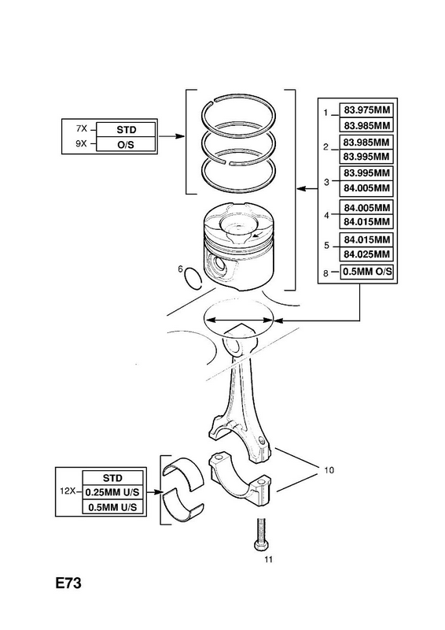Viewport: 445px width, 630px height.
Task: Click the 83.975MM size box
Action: pos(366,110)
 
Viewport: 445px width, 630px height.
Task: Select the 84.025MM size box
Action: pos(366,254)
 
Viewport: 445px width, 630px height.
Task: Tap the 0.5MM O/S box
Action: pos(366,271)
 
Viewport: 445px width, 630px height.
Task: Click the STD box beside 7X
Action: pos(126,130)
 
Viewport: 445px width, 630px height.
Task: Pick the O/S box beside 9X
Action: pos(126,144)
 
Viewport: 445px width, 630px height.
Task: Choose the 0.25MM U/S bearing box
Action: pos(112,492)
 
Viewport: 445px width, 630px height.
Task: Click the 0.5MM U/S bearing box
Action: pos(112,507)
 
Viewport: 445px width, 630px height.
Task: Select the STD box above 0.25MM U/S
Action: pos(112,478)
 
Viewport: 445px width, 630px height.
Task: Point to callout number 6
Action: pos(181,269)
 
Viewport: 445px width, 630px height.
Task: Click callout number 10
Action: pos(329,469)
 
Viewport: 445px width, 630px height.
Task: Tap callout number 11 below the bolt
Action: pos(268,559)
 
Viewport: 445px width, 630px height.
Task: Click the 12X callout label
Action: pos(68,491)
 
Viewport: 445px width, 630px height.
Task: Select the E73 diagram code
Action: pos(68,583)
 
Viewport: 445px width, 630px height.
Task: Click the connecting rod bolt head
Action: pos(261,545)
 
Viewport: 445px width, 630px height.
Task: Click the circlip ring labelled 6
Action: pos(193,278)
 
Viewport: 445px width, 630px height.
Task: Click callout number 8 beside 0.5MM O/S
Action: pos(325,273)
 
